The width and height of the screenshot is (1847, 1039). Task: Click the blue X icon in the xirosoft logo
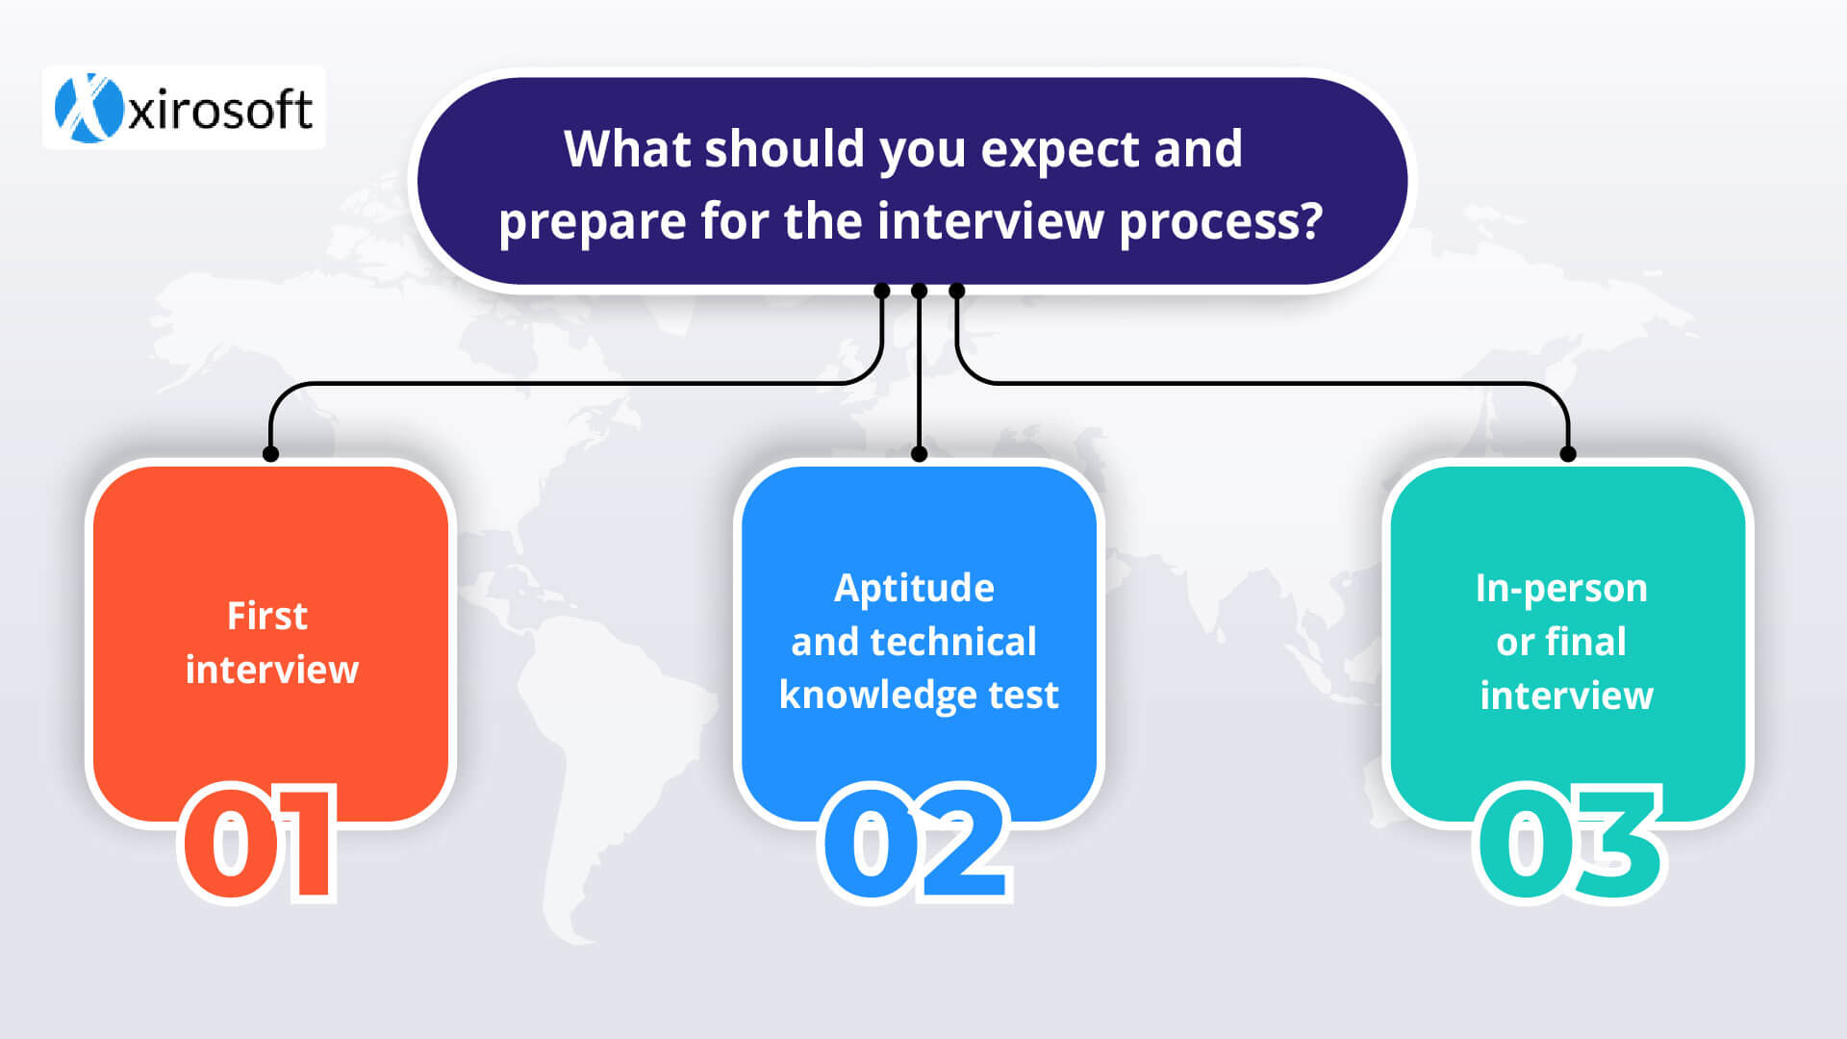click(89, 108)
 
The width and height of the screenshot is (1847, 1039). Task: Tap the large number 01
click(260, 843)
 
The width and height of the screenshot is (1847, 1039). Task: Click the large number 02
click(916, 843)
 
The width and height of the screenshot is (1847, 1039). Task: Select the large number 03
click(1569, 843)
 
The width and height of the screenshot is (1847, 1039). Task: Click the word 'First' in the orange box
click(267, 616)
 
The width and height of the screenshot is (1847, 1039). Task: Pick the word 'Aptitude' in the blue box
click(914, 589)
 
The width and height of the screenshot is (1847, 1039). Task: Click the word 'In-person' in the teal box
click(1561, 589)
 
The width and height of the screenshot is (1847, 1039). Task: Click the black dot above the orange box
click(271, 454)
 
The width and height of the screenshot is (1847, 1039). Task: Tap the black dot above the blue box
click(919, 454)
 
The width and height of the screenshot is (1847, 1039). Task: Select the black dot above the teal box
click(1568, 454)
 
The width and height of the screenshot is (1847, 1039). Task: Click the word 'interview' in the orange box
click(271, 670)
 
